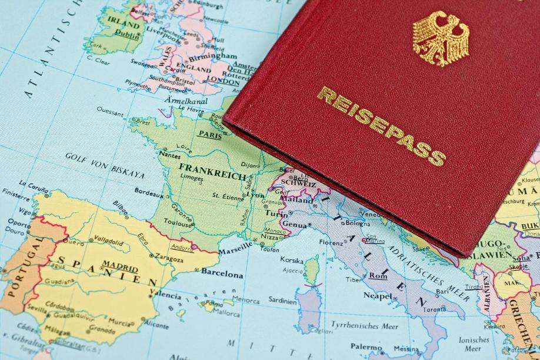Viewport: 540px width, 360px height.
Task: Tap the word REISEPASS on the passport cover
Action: (381, 125)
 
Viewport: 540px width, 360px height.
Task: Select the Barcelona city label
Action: (222, 274)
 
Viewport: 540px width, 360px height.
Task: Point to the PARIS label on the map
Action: (210, 134)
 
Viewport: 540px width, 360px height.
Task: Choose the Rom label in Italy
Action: (378, 275)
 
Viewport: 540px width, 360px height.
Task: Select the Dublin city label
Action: (128, 34)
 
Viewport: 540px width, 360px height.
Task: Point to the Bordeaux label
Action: (149, 191)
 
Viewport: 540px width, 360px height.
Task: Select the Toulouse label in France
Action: (179, 224)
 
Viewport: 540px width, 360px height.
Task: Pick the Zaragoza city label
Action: (170, 258)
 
